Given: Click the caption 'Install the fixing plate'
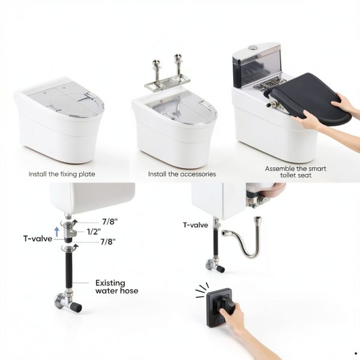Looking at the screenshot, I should coord(62,174).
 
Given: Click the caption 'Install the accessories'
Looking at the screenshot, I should coord(182,174).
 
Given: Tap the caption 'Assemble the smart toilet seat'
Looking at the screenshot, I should coord(296,172).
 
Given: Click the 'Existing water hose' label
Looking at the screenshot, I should coord(116,287).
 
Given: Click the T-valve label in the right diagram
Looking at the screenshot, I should coord(195,225).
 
